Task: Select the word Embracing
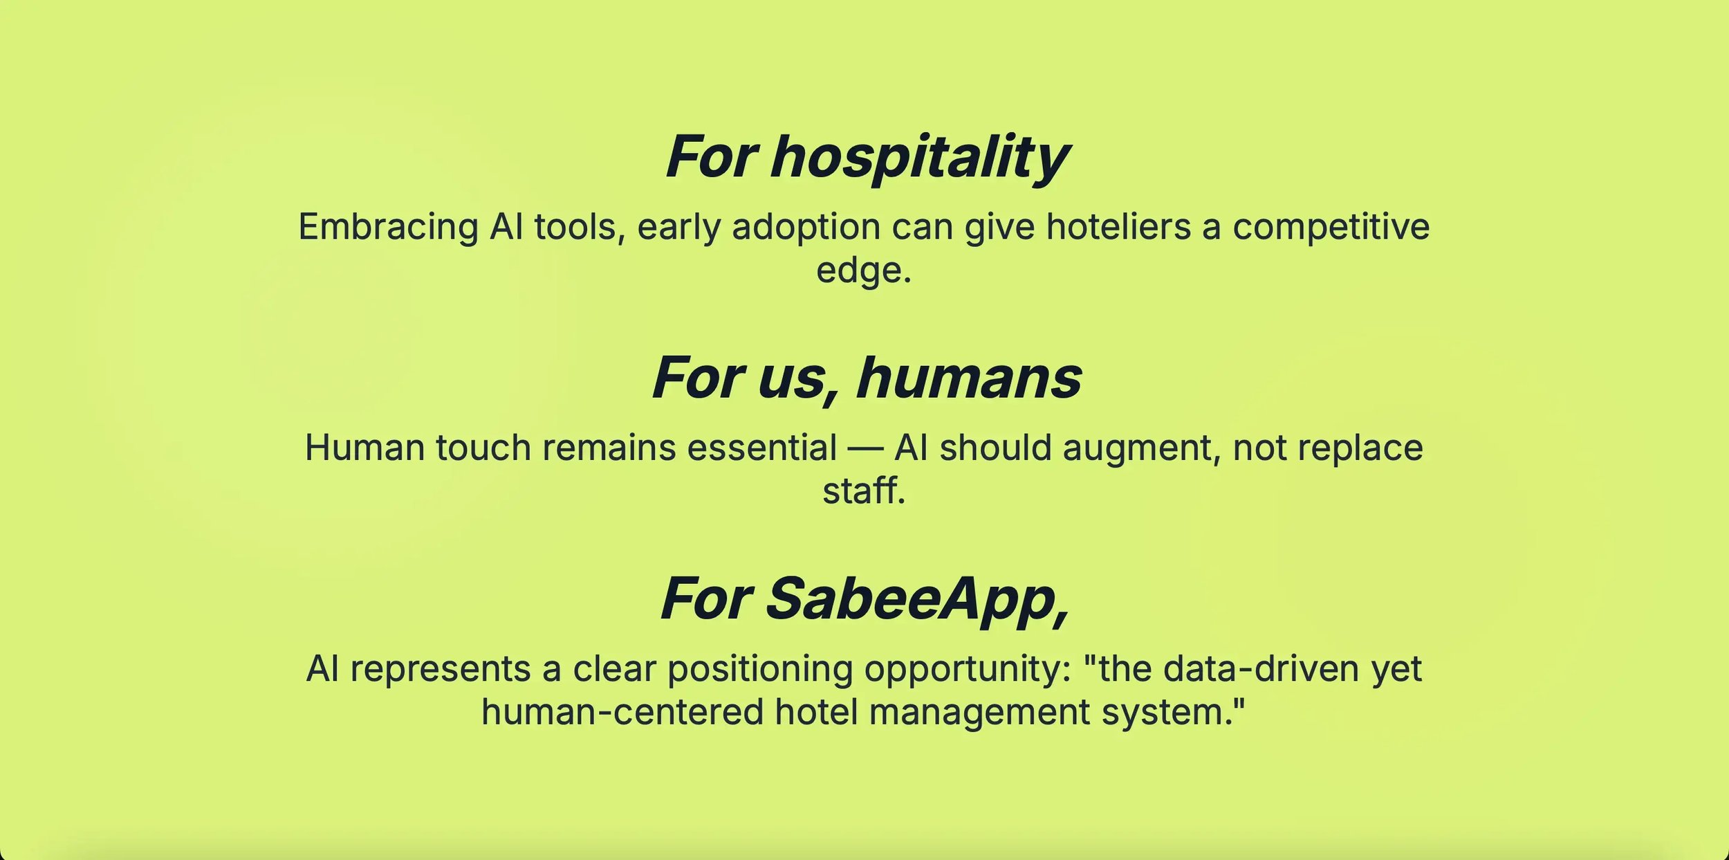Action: click(388, 228)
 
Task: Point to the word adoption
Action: click(806, 228)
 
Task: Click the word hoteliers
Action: click(1119, 226)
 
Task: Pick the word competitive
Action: click(1331, 228)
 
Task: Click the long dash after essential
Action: click(866, 450)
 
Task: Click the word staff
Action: click(864, 491)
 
